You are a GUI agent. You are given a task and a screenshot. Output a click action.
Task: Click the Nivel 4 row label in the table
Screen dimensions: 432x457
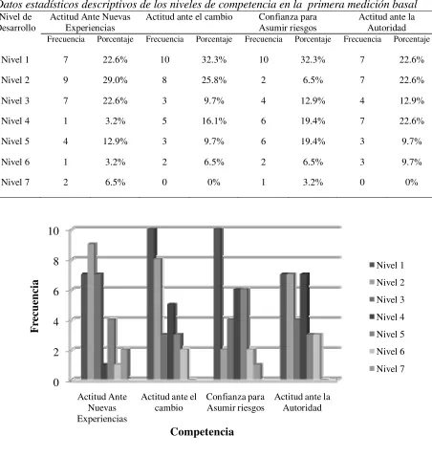15,121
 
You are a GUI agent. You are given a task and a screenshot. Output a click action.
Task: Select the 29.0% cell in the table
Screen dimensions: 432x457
115,80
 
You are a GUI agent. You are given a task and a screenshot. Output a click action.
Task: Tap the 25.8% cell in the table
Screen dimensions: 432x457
214,80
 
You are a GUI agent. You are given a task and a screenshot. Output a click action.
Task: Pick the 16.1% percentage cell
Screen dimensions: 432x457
214,121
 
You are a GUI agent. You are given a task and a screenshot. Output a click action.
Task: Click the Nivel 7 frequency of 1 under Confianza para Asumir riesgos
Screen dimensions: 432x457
263,183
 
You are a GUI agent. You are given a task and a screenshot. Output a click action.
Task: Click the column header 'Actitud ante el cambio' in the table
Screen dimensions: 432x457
189,17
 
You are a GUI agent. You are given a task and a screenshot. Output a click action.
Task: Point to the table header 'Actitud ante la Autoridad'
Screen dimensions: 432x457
387,22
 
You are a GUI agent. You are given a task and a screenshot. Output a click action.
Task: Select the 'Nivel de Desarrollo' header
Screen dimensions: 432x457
17,22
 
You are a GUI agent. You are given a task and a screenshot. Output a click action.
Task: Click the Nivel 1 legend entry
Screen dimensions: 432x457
386,265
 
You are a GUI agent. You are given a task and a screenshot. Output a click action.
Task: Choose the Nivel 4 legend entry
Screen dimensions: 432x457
386,317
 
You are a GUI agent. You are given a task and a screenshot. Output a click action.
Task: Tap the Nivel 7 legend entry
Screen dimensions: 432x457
386,369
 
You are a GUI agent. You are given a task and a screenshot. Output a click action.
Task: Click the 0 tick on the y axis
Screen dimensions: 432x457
55,381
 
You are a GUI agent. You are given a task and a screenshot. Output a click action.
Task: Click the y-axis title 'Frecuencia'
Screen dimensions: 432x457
34,306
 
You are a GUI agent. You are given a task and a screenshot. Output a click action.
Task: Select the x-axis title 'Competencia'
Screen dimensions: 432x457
202,432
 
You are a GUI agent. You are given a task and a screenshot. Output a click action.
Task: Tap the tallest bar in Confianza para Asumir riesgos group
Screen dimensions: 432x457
218,303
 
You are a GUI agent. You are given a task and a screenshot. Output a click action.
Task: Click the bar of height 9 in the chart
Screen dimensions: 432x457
92,311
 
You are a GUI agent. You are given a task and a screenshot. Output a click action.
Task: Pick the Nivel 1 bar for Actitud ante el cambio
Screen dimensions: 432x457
152,303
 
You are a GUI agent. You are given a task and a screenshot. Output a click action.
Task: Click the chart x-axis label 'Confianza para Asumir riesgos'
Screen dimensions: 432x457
235,403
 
